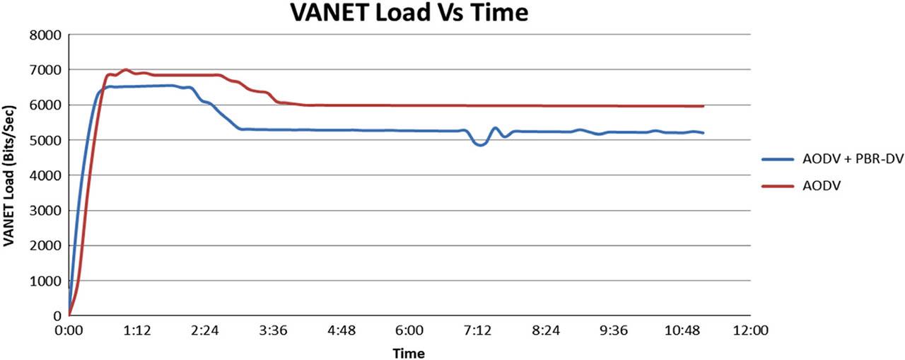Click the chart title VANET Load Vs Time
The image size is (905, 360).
(410, 13)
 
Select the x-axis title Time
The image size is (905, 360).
(409, 353)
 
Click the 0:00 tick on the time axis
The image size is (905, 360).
(69, 330)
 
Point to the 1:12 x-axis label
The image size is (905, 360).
(137, 330)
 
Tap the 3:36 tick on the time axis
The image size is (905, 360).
(273, 330)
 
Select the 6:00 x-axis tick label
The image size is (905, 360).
(409, 330)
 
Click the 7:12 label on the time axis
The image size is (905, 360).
(477, 330)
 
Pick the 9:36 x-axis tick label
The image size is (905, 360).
(614, 330)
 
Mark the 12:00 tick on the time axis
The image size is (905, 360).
(749, 330)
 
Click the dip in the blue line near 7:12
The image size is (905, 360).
(481, 145)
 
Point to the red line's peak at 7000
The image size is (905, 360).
(126, 70)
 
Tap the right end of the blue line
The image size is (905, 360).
(703, 133)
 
